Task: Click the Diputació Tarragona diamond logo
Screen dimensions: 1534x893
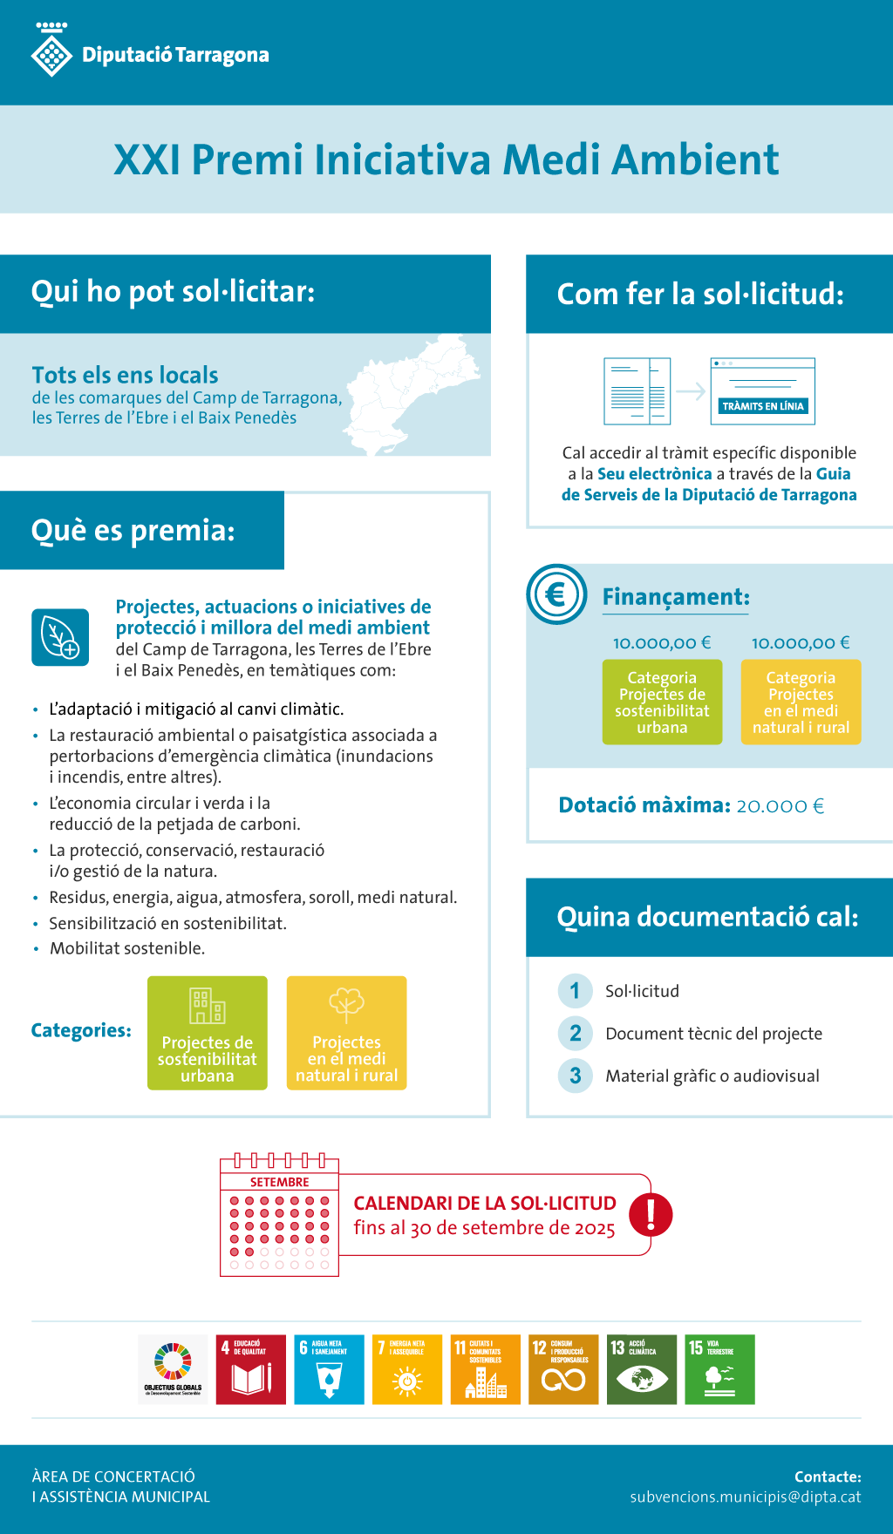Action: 51,54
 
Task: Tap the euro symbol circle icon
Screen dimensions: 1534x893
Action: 556,594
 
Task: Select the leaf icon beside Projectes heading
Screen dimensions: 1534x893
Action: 60,637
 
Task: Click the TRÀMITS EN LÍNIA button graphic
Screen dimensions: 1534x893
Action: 763,406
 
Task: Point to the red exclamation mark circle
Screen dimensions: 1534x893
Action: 651,1214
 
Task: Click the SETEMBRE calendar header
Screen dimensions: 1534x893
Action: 279,1182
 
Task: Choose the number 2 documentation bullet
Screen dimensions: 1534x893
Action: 576,1033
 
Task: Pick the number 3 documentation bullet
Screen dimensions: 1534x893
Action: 576,1076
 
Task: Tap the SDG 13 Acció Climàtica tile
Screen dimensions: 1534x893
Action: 642,1369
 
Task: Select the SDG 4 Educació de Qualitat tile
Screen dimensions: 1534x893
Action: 251,1369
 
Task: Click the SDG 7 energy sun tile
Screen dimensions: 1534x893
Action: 407,1369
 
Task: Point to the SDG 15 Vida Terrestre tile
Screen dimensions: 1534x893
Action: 719,1369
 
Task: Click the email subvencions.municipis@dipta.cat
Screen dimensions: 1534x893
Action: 746,1497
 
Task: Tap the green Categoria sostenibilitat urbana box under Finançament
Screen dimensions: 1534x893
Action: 662,702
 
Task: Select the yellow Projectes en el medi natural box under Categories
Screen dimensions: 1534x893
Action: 346,1033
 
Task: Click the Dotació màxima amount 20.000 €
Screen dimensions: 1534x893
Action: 780,805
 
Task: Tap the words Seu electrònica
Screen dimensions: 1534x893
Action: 655,474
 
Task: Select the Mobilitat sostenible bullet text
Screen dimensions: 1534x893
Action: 127,948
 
